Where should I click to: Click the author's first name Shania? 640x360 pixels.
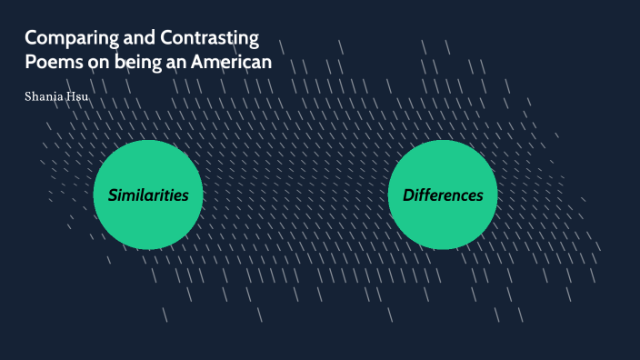tap(44, 96)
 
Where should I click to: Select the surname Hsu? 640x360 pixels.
tap(77, 96)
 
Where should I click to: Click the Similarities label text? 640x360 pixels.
tap(148, 195)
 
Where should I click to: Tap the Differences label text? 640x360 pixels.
tap(443, 195)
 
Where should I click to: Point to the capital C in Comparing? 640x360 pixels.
tap(31, 39)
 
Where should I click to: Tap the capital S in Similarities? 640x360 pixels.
tap(113, 195)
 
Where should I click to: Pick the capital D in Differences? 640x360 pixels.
tap(408, 195)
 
